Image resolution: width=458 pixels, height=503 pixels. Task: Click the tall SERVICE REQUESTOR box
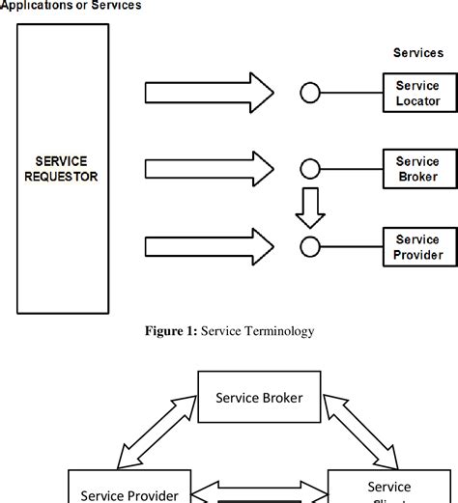[64, 168]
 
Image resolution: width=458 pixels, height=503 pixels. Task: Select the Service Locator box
[417, 93]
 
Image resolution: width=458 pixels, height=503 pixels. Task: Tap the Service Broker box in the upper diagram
[417, 169]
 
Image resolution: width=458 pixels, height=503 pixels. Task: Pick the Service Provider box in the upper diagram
[417, 247]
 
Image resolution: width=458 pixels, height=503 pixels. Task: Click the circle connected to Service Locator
[309, 93]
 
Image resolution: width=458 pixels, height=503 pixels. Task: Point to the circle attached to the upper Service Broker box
[309, 169]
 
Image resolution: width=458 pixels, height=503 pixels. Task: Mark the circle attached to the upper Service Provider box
[309, 245]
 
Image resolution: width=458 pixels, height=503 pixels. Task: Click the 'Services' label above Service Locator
[417, 53]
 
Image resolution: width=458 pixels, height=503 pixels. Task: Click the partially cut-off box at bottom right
[389, 488]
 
